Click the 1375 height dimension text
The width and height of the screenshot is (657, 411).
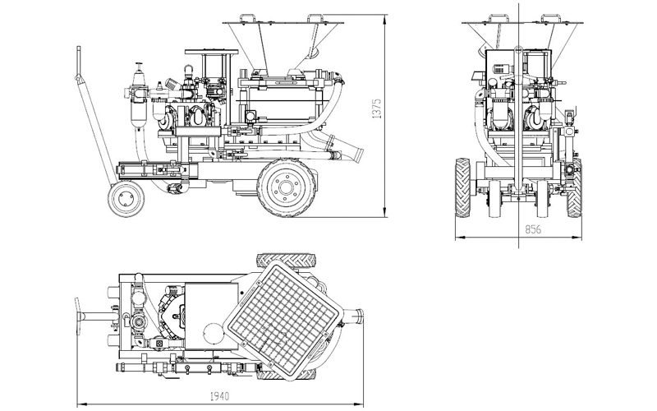pos(377,110)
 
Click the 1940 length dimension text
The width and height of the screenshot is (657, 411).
pos(220,396)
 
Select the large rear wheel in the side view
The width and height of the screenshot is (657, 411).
pos(286,187)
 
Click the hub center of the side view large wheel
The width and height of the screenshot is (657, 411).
pos(286,187)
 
